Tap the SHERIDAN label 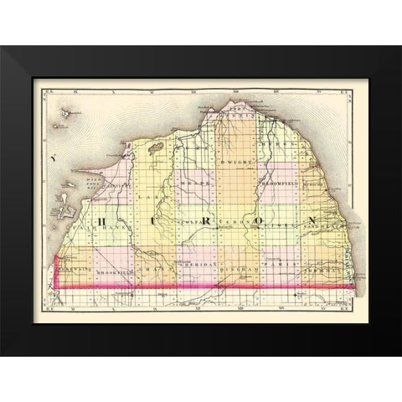tap(199, 265)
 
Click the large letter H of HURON tap(101, 221)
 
